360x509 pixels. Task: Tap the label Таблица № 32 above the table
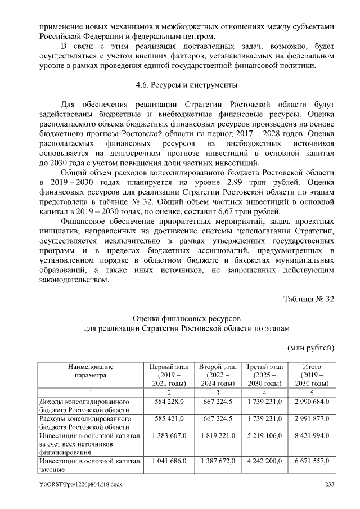point(308,298)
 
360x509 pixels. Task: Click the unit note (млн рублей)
point(311,348)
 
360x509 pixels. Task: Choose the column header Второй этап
point(217,375)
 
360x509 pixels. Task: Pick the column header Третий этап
point(264,375)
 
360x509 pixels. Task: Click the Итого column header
point(312,375)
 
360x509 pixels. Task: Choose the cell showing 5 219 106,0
point(264,436)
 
